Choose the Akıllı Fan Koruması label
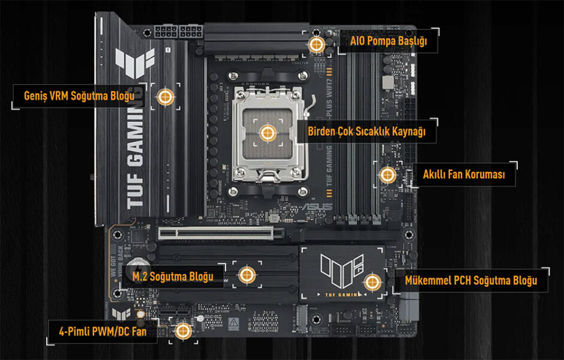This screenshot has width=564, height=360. tap(464, 175)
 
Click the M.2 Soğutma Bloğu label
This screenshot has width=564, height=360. tap(173, 276)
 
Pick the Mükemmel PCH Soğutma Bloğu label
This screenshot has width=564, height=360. tap(470, 280)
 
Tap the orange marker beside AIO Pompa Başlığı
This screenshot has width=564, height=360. tap(316, 44)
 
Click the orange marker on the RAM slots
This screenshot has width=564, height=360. tap(387, 175)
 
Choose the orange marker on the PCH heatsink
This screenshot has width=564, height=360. tap(372, 281)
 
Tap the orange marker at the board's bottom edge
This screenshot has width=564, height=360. tap(183, 331)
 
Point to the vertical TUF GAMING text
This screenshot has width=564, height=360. tap(136, 156)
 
